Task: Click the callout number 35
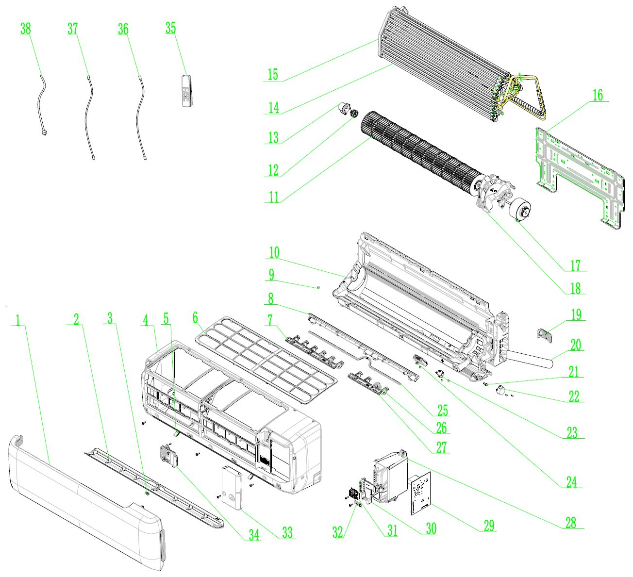pos(170,28)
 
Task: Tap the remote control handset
pos(187,90)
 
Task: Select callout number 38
pos(25,29)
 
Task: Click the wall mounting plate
pos(578,175)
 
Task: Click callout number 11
pos(274,197)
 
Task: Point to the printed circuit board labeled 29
pos(420,494)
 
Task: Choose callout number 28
pos(571,522)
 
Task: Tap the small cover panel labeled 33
pos(232,487)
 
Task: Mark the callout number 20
pos(576,345)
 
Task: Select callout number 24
pos(571,482)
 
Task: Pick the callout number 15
pos(273,74)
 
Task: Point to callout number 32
pos(338,531)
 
